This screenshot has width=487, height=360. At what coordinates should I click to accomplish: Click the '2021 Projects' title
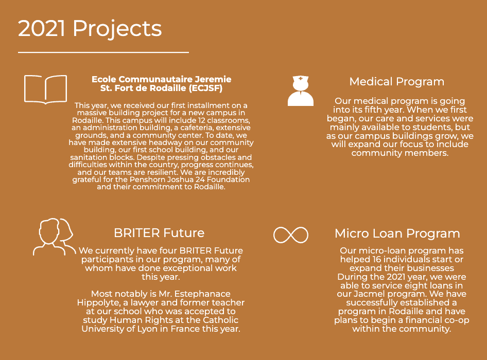(90, 29)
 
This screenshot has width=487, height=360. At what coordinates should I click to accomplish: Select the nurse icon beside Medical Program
(300, 91)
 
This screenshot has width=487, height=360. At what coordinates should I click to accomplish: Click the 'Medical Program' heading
(396, 82)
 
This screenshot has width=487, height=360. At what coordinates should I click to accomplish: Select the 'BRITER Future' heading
(159, 233)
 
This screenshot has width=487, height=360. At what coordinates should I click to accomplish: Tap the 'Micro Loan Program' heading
(397, 233)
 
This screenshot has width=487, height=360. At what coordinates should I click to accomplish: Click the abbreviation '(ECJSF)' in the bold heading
(205, 88)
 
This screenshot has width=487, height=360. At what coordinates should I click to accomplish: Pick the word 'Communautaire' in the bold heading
(155, 79)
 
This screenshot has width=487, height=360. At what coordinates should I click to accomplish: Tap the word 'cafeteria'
(197, 128)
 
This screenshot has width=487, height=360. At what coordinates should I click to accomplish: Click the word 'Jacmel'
(369, 294)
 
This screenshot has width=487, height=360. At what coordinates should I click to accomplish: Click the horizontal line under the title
(103, 52)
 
